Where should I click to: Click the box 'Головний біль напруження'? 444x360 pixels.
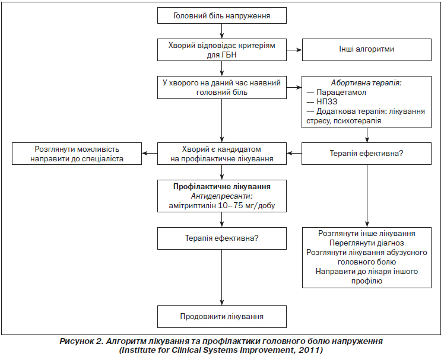(222, 15)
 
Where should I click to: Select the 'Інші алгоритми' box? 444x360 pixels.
(367, 50)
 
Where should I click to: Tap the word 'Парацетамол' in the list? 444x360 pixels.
(341, 93)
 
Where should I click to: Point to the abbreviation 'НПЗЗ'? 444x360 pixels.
(327, 101)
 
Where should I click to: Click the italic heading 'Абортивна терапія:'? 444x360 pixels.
(366, 83)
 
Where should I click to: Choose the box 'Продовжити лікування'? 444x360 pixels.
(222, 317)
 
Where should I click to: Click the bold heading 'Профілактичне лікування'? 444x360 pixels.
(222, 186)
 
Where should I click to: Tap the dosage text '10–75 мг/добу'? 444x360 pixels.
(247, 205)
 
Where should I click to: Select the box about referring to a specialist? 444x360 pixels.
(77, 154)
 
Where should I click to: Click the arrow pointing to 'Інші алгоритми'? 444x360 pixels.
(294, 50)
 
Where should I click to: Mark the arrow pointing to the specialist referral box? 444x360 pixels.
(150, 154)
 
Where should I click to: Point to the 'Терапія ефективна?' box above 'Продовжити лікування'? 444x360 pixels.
(222, 238)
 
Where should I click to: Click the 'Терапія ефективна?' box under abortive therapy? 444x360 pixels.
(366, 154)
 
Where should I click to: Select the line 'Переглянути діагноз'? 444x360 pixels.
(367, 243)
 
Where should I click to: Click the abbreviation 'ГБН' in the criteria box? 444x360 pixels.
(230, 55)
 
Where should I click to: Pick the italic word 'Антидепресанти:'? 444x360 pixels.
(222, 196)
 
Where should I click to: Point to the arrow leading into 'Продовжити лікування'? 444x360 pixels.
(222, 278)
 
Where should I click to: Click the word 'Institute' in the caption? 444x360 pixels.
(138, 350)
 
